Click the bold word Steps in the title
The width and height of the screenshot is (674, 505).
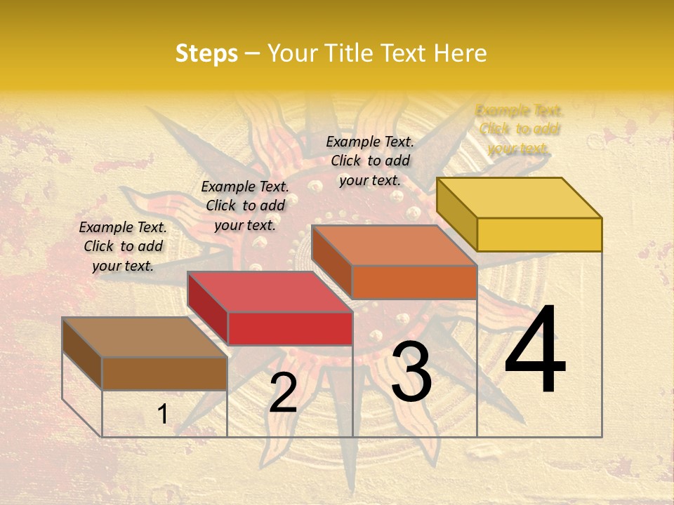pos(206,54)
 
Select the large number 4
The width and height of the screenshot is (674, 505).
pos(535,351)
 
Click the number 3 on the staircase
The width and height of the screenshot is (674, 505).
pos(411,372)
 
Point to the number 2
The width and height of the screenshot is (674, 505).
pos(283,393)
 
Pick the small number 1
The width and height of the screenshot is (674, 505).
pos(163,415)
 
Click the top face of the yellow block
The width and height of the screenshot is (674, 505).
pos(520,197)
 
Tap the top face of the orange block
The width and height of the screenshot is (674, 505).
pos(395,245)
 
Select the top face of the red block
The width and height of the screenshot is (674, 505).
pos(270,292)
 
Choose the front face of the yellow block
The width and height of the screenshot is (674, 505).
pos(539,234)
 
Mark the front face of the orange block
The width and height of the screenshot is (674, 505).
pos(414,282)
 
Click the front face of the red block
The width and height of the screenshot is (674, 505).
pos(290,328)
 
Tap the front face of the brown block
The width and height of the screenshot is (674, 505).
pos(164,373)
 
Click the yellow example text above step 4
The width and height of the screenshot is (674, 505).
pos(520,129)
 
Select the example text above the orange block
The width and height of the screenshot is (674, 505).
pos(370,161)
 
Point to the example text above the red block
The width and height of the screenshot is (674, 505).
pos(245,206)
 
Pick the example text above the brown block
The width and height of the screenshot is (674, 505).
pos(123,246)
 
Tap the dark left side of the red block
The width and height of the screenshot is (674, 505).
pos(208,308)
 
